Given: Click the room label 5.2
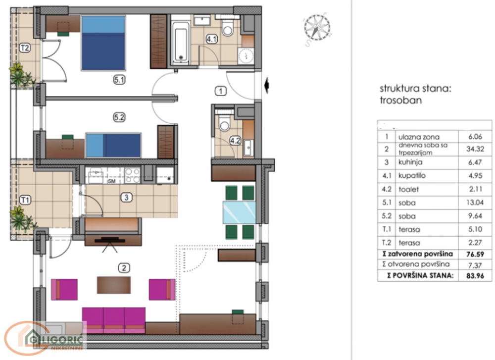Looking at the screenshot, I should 119,118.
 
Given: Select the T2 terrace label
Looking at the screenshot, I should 25,48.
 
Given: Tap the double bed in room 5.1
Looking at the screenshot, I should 103,43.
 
